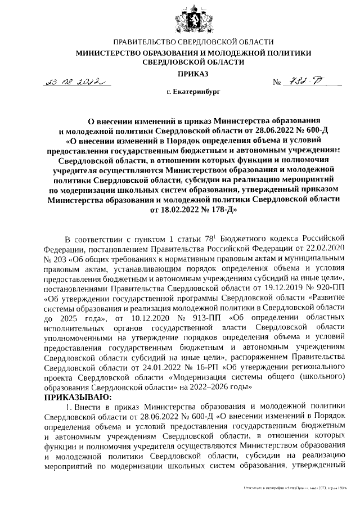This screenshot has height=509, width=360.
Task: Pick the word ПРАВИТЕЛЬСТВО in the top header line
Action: click(x=147, y=42)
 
